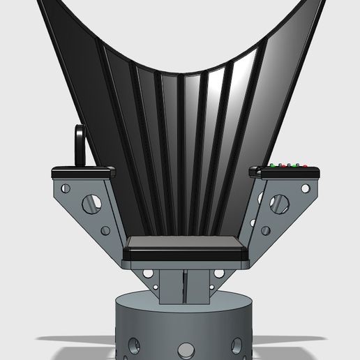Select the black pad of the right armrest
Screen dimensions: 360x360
tap(287, 171)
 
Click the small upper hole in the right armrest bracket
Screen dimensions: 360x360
tap(305, 188)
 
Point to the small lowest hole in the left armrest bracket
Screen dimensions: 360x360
tap(105, 230)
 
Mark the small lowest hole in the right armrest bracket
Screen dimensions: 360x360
tap(265, 230)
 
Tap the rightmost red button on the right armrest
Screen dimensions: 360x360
tap(305, 166)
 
